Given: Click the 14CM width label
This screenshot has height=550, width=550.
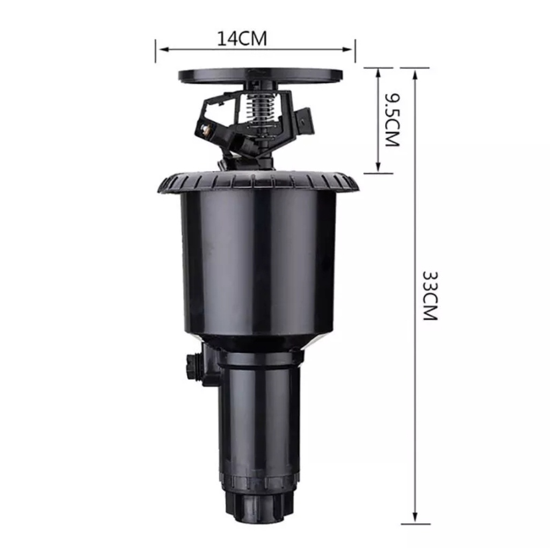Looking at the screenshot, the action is [x=242, y=39].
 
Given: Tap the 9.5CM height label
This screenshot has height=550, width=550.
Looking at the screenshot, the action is [x=392, y=120].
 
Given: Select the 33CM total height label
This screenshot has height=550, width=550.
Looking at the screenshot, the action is [x=430, y=295].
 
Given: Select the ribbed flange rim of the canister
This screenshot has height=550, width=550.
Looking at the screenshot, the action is [x=258, y=183].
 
